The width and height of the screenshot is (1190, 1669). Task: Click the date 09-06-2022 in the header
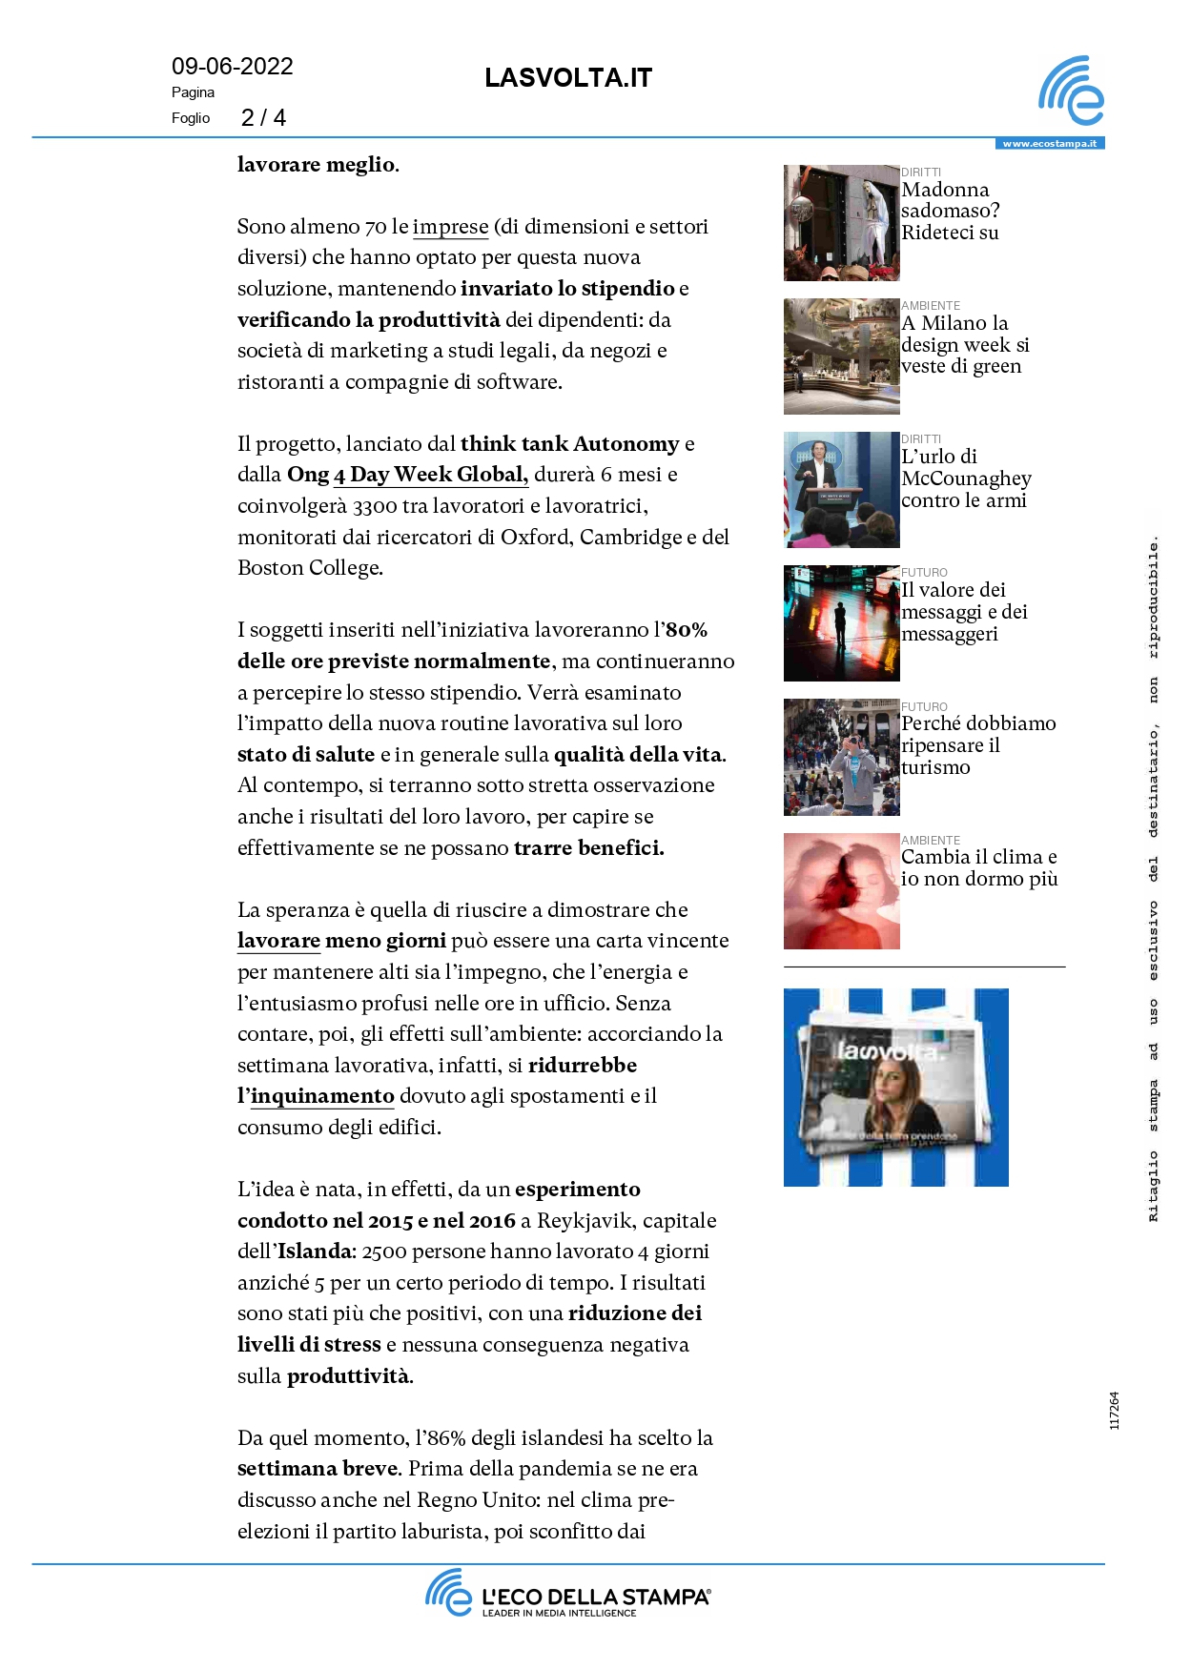pyautogui.click(x=232, y=67)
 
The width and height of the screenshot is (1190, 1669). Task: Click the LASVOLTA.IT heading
pyautogui.click(x=567, y=78)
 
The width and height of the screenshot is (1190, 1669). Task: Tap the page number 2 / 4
pyautogui.click(x=263, y=118)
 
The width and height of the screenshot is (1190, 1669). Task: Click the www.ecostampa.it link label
pyautogui.click(x=1049, y=144)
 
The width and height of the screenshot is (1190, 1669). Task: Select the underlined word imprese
pyautogui.click(x=450, y=227)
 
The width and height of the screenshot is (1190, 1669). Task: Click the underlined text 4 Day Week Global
pyautogui.click(x=430, y=475)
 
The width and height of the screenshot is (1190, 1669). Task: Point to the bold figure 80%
pyautogui.click(x=687, y=630)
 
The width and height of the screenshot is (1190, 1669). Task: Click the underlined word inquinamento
pyautogui.click(x=322, y=1096)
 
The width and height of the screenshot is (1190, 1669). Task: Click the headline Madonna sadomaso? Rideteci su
pyautogui.click(x=950, y=211)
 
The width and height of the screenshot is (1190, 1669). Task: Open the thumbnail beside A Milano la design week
pyautogui.click(x=841, y=356)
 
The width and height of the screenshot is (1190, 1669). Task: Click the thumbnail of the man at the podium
pyautogui.click(x=841, y=490)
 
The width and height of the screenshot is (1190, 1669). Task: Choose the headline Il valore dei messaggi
pyautogui.click(x=963, y=612)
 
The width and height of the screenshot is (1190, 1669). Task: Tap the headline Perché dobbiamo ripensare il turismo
pyautogui.click(x=977, y=745)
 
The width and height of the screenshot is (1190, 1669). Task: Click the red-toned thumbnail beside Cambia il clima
pyautogui.click(x=841, y=891)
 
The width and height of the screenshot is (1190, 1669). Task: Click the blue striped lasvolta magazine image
pyautogui.click(x=895, y=1088)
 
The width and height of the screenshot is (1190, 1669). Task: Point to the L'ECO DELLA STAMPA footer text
pyautogui.click(x=595, y=1598)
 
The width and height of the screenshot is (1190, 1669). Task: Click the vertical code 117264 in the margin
pyautogui.click(x=1115, y=1411)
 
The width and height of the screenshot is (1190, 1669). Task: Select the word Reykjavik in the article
pyautogui.click(x=584, y=1221)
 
